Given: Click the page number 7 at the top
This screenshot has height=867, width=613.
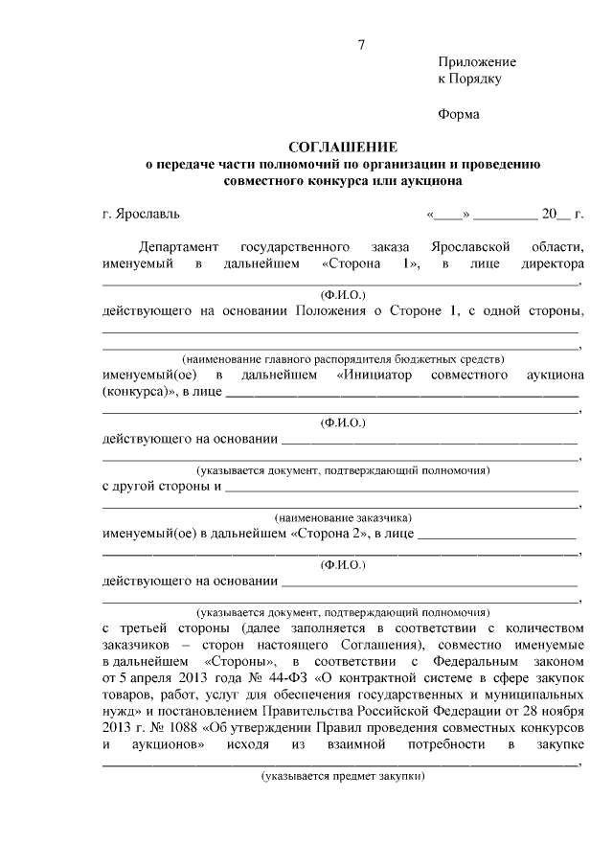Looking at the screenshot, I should pyautogui.click(x=361, y=44).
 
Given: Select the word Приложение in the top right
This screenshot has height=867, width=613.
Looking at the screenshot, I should pyautogui.click(x=476, y=62).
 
